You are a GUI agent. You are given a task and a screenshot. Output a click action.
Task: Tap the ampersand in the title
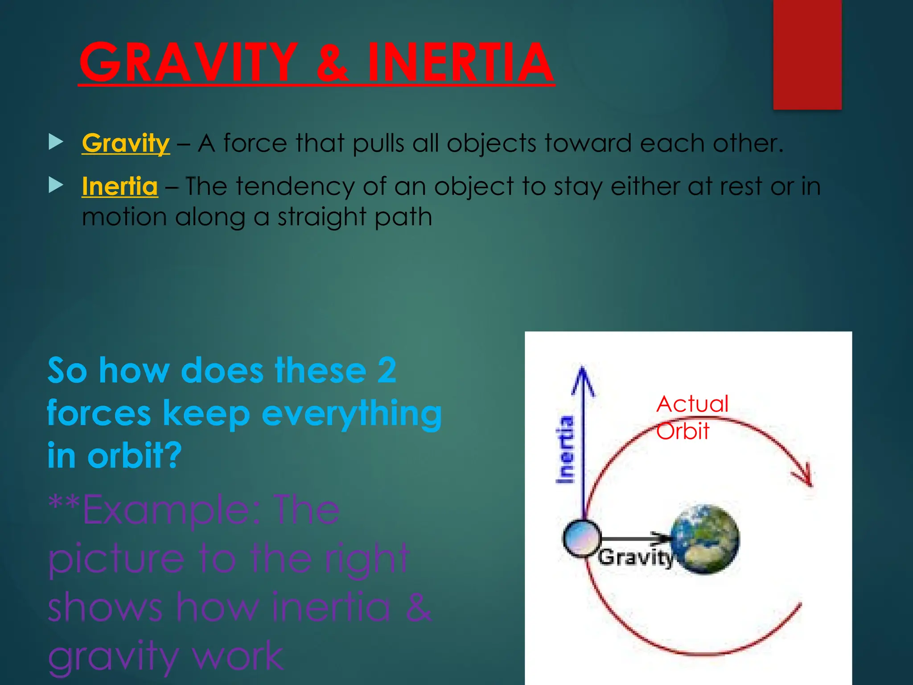click(332, 62)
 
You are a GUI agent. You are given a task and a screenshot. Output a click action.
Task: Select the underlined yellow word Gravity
click(126, 144)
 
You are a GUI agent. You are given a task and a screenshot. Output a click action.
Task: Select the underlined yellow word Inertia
click(120, 186)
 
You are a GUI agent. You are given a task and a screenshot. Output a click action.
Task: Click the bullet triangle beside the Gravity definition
click(56, 142)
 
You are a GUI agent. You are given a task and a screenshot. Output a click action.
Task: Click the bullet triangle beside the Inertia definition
click(56, 185)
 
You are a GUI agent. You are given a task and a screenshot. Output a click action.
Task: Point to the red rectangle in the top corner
click(807, 54)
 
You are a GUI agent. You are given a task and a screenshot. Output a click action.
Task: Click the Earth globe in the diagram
click(705, 539)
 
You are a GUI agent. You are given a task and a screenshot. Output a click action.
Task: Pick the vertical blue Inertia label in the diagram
click(565, 450)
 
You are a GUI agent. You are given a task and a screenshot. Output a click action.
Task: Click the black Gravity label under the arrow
click(635, 558)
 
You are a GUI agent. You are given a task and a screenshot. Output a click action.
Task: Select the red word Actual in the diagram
click(692, 404)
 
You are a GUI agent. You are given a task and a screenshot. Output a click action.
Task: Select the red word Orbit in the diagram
click(683, 431)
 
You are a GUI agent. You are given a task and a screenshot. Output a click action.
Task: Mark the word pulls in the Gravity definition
click(379, 144)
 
